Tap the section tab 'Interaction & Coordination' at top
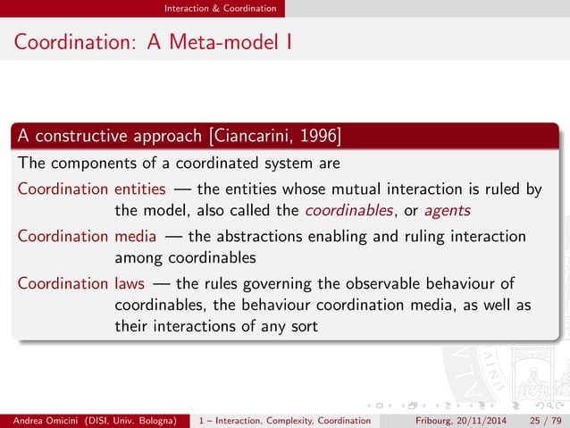[x=220, y=8]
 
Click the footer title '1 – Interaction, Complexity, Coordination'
[x=284, y=420]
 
